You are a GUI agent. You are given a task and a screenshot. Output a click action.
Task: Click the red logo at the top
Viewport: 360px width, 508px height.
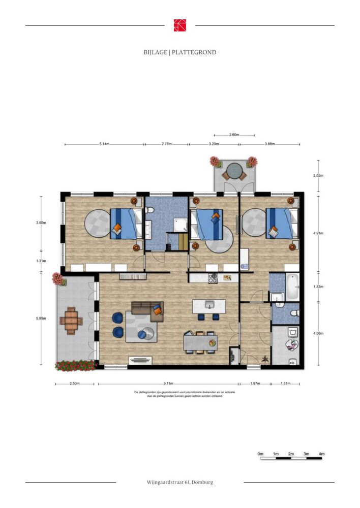tap(180, 25)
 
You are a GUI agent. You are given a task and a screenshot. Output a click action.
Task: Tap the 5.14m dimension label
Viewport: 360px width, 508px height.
tap(104, 144)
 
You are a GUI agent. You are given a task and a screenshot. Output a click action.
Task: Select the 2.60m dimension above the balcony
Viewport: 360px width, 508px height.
tap(234, 135)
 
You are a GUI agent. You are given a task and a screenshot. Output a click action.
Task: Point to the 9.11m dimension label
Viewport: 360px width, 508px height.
tap(168, 384)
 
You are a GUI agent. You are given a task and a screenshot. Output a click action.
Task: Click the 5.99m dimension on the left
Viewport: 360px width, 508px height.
tap(41, 318)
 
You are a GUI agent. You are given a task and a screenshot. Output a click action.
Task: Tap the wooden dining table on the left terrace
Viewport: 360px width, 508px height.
tap(71, 321)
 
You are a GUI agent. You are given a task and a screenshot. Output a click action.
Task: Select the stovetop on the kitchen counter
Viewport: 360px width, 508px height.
tap(213, 278)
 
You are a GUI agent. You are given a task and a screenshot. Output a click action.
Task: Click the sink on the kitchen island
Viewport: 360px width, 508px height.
tap(209, 305)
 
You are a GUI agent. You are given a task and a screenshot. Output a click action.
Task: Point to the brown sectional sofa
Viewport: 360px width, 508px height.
tap(148, 311)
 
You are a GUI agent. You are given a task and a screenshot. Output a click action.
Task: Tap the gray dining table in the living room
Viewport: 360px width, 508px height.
tap(200, 343)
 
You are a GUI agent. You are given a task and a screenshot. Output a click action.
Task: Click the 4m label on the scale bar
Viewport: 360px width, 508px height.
tap(321, 454)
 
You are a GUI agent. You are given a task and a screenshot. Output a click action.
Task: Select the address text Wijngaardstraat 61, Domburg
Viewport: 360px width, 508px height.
tap(179, 483)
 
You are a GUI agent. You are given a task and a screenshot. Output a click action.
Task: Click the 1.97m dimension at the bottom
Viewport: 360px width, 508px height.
tap(255, 384)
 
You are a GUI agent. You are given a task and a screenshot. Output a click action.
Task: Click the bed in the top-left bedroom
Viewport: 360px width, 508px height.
tap(127, 224)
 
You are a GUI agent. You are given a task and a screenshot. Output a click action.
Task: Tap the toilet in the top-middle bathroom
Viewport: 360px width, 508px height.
tap(149, 210)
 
